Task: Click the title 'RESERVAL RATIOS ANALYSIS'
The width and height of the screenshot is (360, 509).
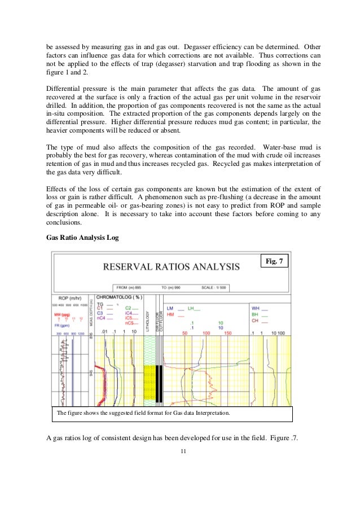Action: (x=170, y=266)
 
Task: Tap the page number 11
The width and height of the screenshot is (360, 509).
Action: (x=180, y=451)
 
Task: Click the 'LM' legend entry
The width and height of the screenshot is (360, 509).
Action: (x=170, y=309)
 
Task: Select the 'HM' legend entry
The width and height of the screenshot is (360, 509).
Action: (x=170, y=314)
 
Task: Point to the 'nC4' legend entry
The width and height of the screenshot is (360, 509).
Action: (x=101, y=318)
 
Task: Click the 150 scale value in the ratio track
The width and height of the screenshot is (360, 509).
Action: (x=228, y=334)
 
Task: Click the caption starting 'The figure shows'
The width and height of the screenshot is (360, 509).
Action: (x=144, y=414)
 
